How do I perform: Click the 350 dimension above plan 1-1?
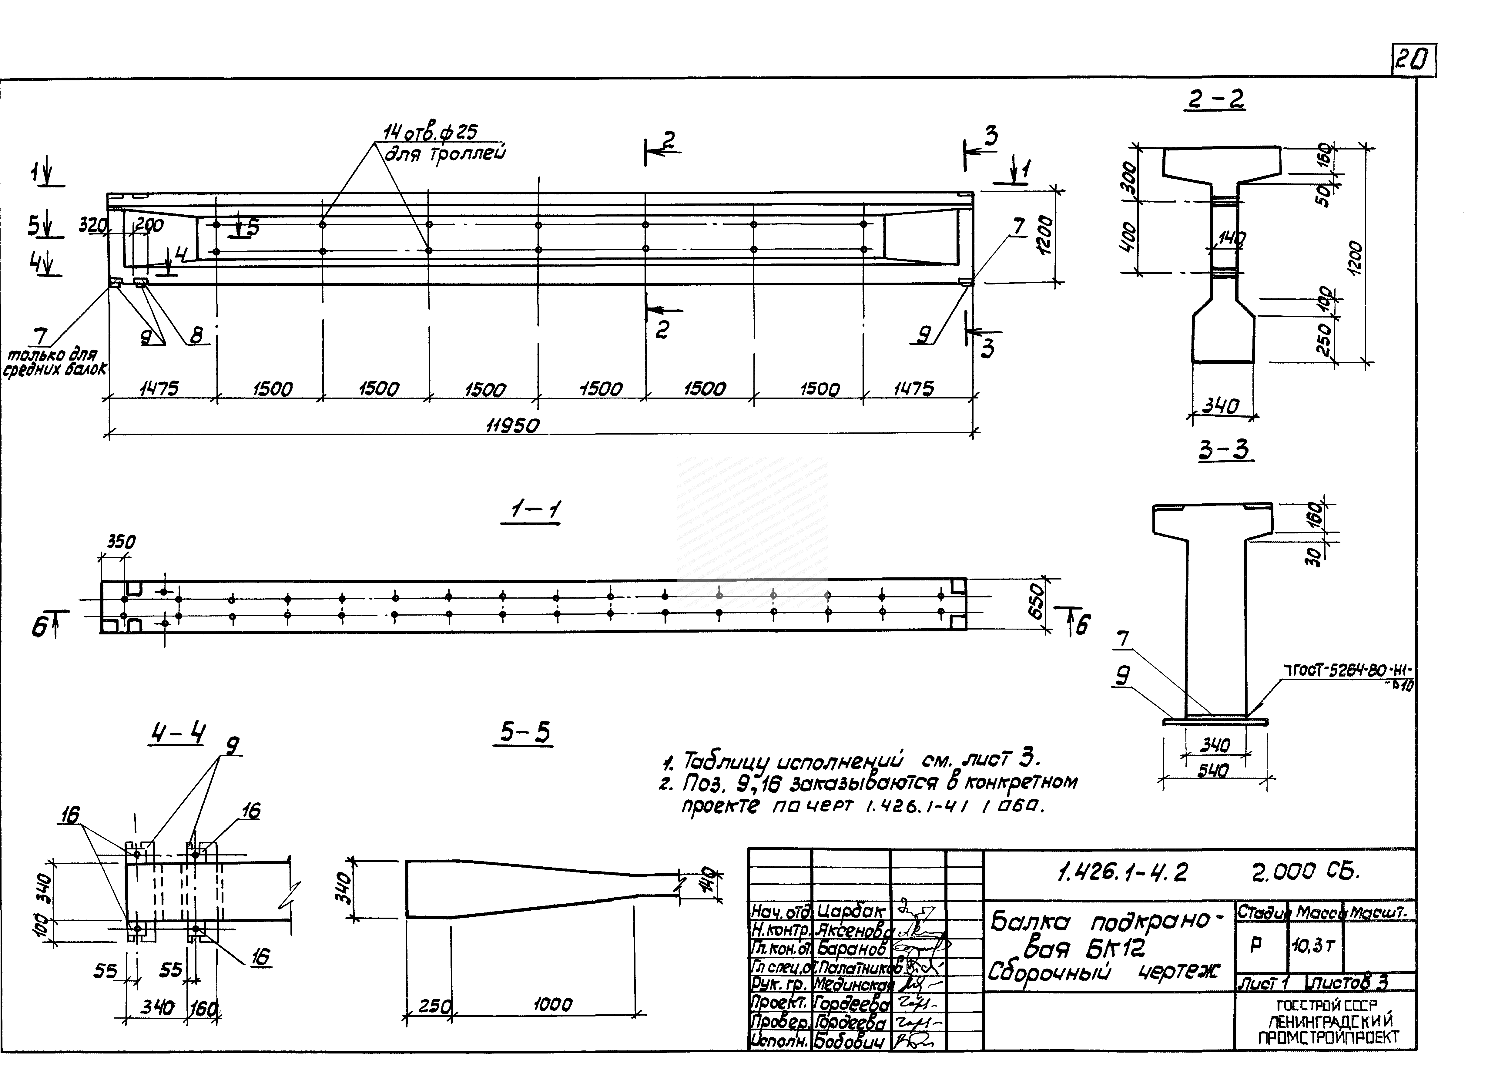pyautogui.click(x=121, y=542)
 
